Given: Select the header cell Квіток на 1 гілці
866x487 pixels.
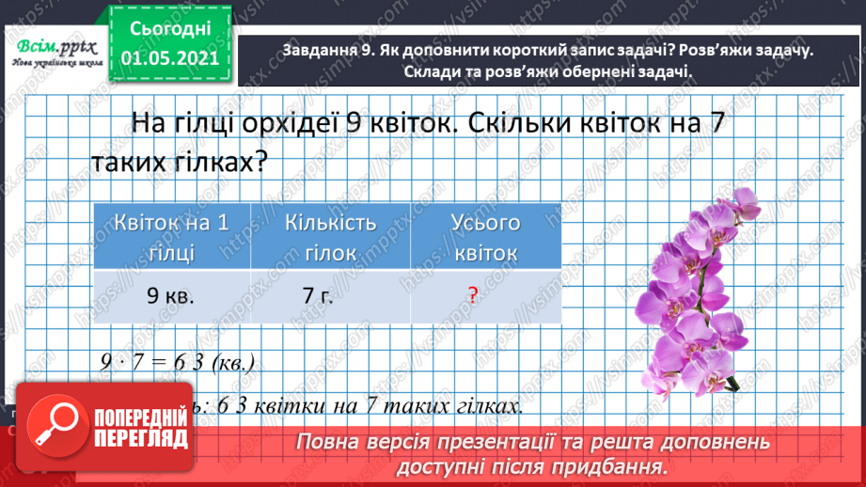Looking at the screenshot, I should pyautogui.click(x=172, y=238).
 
